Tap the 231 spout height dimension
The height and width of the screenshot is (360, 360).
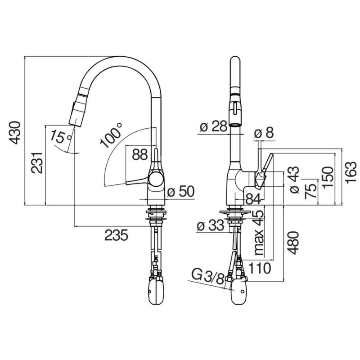tap(37, 162)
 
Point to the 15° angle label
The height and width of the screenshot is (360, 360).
tap(60, 137)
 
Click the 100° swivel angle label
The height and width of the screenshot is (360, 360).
tap(111, 135)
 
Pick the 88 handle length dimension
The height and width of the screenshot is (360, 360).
tap(139, 154)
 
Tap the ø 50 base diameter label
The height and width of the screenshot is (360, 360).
tap(181, 192)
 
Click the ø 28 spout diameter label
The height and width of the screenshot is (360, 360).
tap(213, 126)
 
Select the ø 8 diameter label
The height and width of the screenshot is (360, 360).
tap(264, 133)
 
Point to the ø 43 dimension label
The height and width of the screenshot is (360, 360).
tap(295, 180)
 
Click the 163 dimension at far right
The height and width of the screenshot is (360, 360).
tap(351, 172)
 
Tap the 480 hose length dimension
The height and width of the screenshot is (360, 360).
tap(293, 243)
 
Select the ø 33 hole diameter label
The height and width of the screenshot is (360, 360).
tap(210, 225)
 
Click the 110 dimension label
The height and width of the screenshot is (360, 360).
tap(260, 268)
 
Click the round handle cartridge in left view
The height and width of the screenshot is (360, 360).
tap(156, 179)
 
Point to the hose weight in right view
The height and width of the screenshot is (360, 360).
tap(240, 291)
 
